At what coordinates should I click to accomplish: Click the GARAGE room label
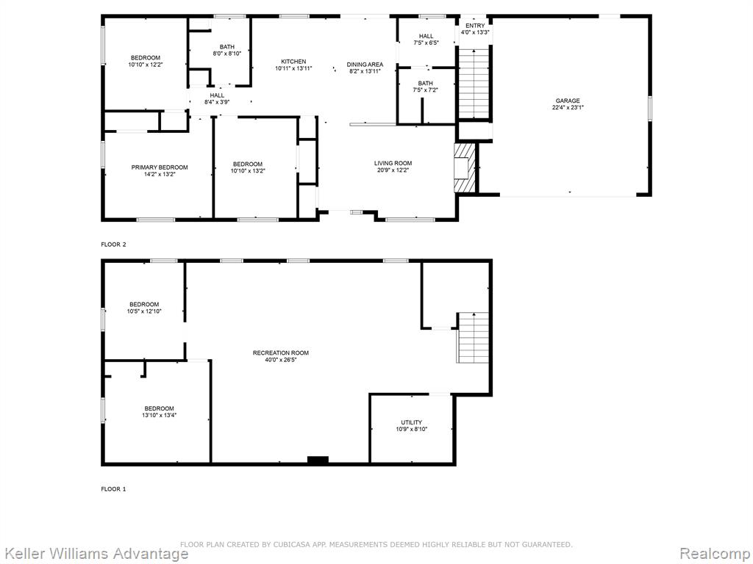(568, 101)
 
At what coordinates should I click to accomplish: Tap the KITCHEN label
(293, 62)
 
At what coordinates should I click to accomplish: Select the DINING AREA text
(365, 65)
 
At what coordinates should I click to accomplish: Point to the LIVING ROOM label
(393, 163)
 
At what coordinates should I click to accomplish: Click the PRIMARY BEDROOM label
(160, 167)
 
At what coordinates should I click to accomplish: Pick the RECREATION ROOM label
(281, 353)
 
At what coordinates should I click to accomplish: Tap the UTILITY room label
(412, 422)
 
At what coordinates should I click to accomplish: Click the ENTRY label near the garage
(475, 26)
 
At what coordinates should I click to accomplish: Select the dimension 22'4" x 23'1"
(568, 107)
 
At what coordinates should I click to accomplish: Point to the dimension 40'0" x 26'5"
(281, 360)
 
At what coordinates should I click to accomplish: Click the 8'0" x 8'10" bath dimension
(227, 54)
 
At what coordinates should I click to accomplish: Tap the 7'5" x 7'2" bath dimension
(425, 90)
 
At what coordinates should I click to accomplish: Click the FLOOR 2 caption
(113, 245)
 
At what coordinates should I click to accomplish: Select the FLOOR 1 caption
(113, 489)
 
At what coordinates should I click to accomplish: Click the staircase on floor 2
(474, 82)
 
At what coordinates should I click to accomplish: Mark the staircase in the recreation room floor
(473, 338)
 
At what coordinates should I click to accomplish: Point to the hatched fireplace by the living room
(465, 168)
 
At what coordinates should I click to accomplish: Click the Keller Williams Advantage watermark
(95, 554)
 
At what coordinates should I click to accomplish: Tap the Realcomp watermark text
(715, 554)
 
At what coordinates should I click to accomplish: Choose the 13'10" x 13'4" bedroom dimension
(160, 416)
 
